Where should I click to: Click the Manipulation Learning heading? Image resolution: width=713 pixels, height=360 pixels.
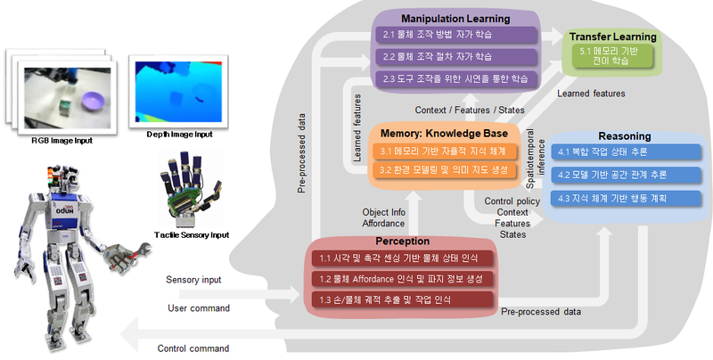pyautogui.click(x=455, y=18)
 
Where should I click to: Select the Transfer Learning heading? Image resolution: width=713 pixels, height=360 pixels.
pyautogui.click(x=613, y=37)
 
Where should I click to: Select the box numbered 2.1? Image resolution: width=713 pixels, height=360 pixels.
pyautogui.click(x=455, y=36)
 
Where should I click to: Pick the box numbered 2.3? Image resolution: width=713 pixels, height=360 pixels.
pyautogui.click(x=455, y=78)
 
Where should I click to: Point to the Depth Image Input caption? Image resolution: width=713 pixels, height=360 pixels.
pyautogui.click(x=179, y=135)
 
